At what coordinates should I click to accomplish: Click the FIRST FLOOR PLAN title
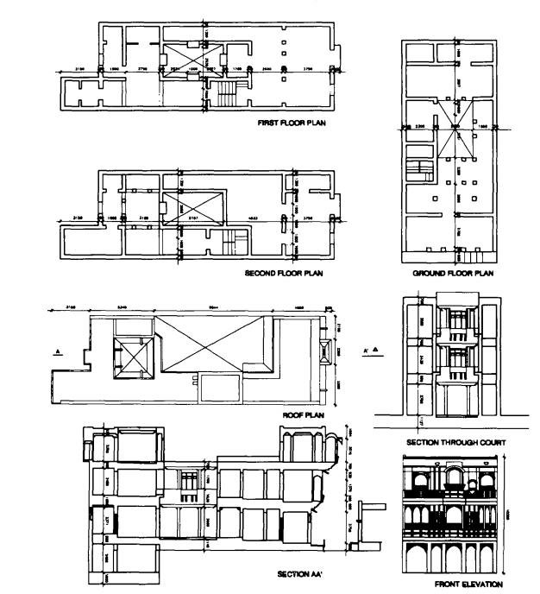[x=293, y=123]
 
